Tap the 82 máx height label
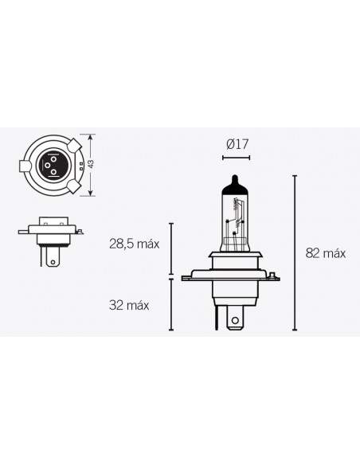click(325, 253)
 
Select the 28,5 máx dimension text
click(135, 244)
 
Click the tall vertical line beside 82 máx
click(295, 252)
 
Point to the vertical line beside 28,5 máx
click(170, 248)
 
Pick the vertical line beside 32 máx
click(170, 303)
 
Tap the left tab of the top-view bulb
click(22, 167)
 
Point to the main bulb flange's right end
click(280, 275)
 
